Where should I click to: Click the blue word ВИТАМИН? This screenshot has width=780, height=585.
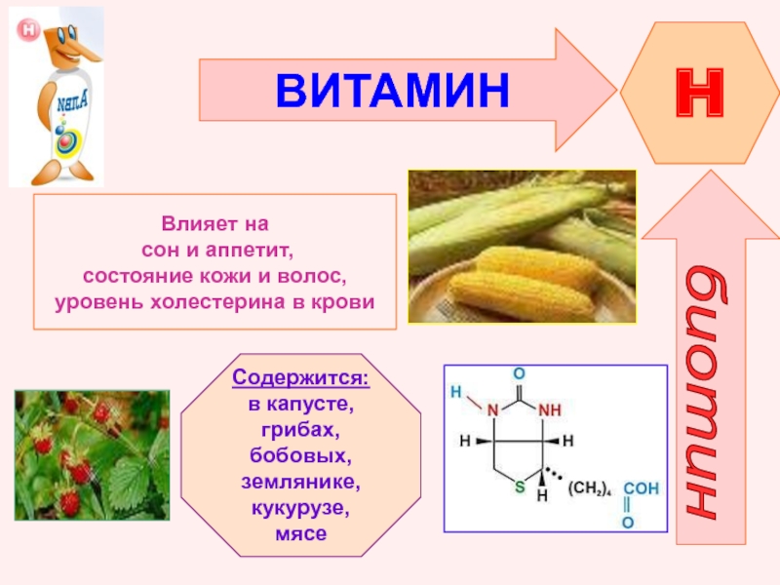[393, 90]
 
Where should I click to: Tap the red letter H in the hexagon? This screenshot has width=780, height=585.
[699, 93]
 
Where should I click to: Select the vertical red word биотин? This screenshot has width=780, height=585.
[705, 393]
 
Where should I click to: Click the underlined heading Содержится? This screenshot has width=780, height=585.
[301, 377]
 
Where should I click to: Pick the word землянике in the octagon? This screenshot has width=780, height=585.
[301, 482]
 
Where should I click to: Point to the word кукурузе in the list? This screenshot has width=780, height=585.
[300, 508]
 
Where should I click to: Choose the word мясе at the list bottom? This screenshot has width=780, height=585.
[301, 533]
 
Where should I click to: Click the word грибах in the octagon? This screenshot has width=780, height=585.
[300, 430]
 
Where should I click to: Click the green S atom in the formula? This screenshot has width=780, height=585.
[520, 487]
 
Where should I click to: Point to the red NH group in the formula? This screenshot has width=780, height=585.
[550, 409]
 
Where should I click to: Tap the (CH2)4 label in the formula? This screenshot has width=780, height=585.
[589, 488]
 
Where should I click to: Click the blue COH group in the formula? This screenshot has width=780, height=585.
[642, 488]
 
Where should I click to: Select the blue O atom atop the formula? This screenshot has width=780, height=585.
[519, 373]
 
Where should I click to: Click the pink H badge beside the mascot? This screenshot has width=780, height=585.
[28, 30]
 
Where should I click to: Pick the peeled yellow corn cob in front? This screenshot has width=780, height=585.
[522, 296]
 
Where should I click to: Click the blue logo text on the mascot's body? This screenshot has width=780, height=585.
[72, 103]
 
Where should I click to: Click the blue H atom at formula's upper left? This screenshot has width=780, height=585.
[455, 392]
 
